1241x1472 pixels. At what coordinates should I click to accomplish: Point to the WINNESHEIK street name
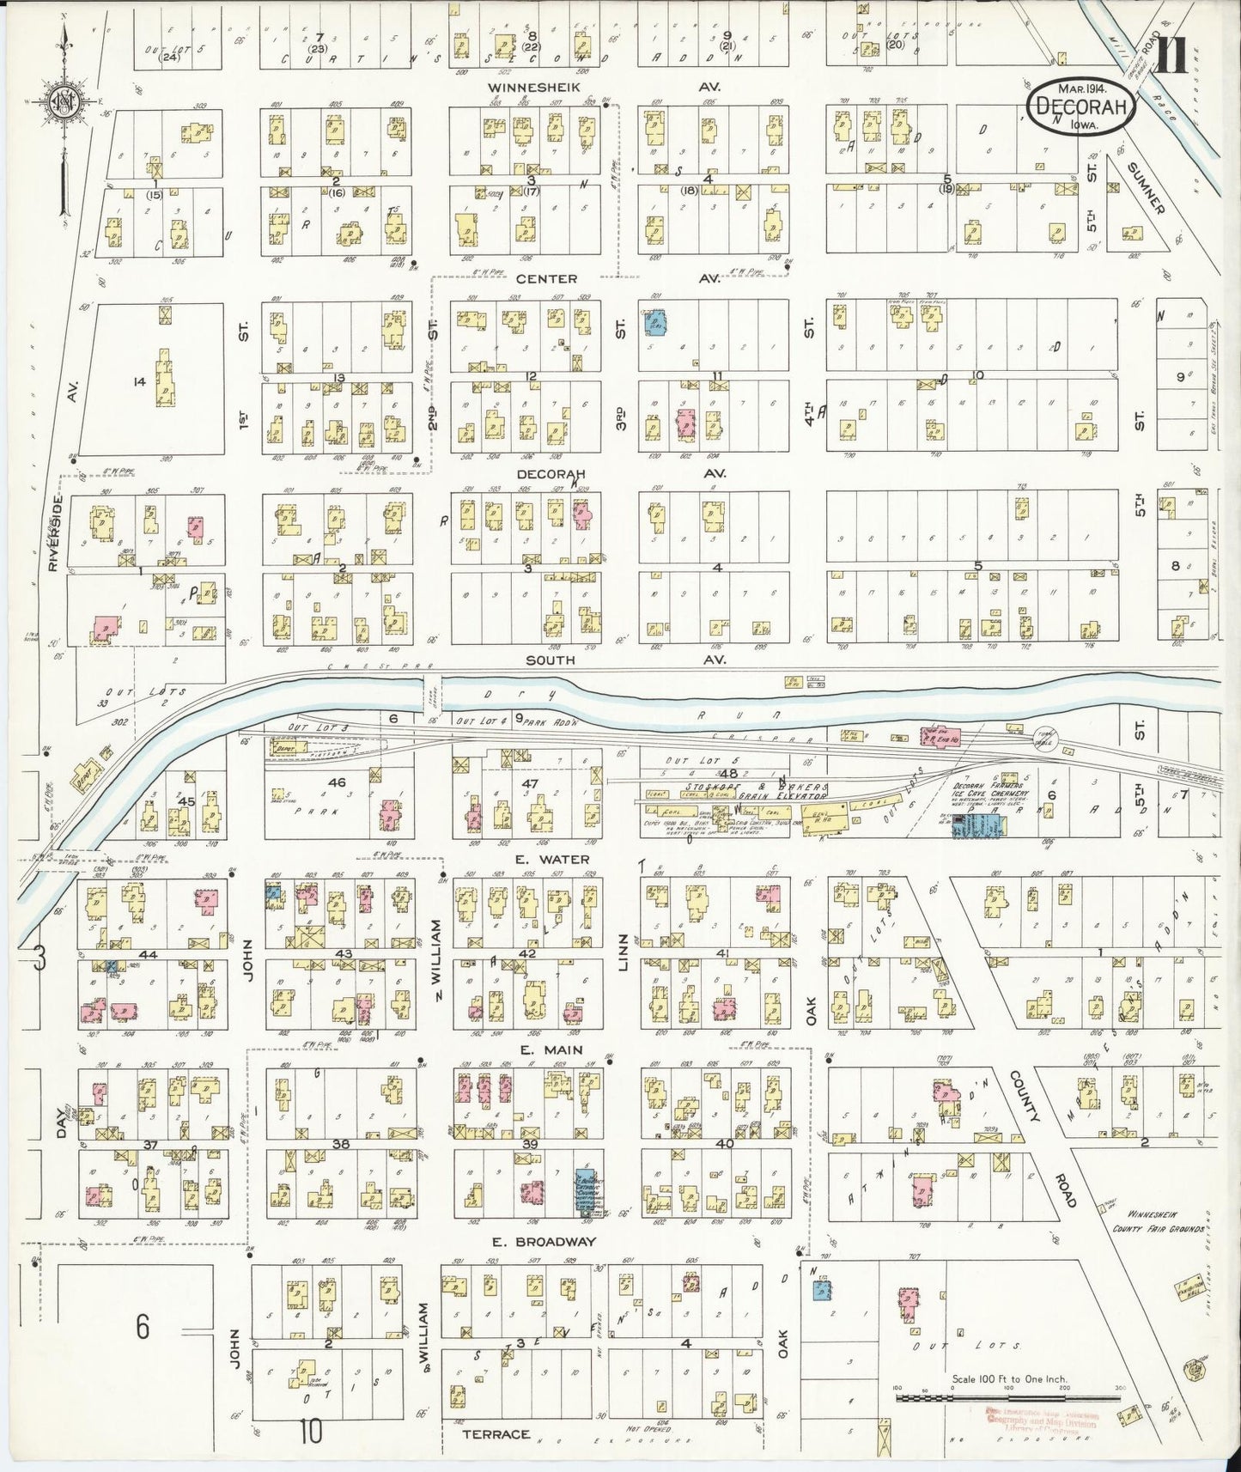[x=534, y=88]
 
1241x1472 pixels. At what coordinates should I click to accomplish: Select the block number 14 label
[x=140, y=382]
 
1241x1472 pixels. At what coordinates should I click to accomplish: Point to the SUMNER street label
[x=1144, y=188]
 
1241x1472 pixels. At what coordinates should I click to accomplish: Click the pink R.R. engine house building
[x=940, y=737]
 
